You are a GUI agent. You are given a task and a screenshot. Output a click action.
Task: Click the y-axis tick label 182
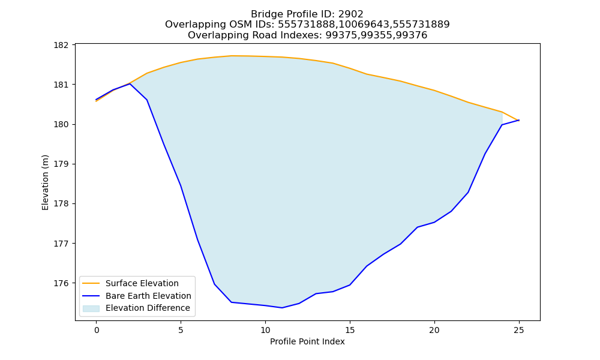[61, 45]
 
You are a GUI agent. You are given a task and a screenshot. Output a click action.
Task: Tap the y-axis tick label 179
[61, 164]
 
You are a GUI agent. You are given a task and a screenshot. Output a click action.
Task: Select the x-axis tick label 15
[350, 330]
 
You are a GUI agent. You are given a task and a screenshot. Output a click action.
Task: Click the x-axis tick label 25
[519, 330]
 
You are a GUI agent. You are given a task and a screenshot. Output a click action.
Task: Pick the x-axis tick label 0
[97, 330]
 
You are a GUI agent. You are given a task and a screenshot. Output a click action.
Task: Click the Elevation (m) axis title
[45, 182]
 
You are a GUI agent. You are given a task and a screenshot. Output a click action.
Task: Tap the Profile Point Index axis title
[307, 341]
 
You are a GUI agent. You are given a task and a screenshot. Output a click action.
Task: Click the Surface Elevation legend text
[142, 283]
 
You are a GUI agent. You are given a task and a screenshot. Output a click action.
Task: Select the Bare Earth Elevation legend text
[148, 296]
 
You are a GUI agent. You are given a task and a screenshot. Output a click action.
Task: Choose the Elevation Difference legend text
[148, 308]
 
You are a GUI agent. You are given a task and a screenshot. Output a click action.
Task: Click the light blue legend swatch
[91, 308]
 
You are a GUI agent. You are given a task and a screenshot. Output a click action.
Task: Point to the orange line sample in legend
[91, 283]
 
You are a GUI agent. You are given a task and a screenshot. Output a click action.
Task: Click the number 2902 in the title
[351, 14]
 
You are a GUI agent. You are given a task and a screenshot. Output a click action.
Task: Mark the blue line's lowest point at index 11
[282, 308]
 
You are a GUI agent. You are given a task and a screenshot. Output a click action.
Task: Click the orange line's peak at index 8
[232, 56]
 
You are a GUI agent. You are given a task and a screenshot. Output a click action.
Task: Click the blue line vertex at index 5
[181, 185]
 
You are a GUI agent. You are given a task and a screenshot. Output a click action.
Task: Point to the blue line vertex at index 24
[502, 125]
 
